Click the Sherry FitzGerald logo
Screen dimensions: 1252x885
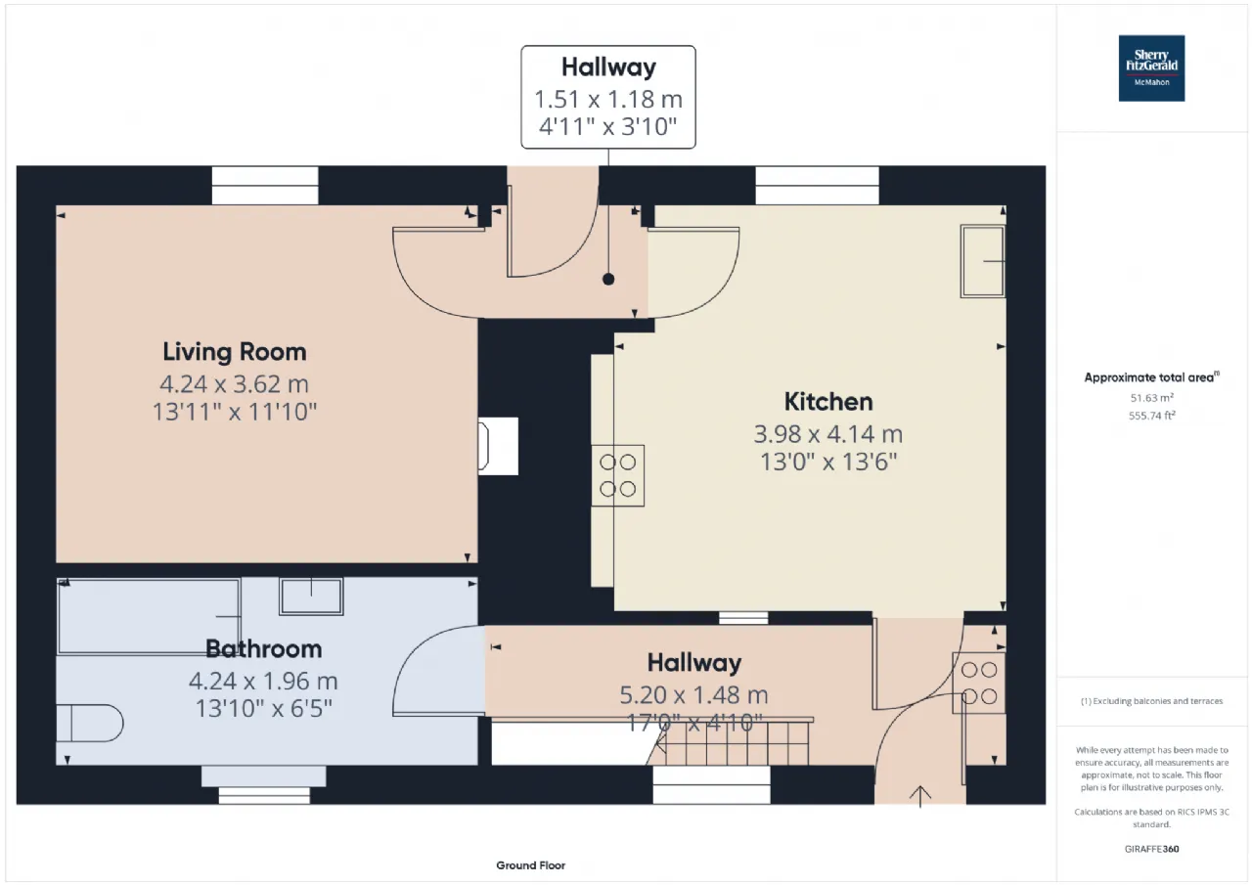click(x=1151, y=68)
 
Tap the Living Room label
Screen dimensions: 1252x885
click(x=235, y=352)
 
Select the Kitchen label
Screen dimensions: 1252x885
click(x=828, y=402)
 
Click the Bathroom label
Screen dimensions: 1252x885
click(x=264, y=648)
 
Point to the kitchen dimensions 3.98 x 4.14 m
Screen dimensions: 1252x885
click(x=828, y=434)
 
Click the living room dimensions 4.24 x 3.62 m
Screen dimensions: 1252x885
click(x=234, y=384)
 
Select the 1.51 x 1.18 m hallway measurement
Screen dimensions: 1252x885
click(x=608, y=100)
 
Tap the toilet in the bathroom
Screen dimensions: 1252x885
click(x=90, y=723)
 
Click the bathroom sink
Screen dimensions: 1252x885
click(x=311, y=597)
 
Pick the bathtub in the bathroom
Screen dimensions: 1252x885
click(x=150, y=616)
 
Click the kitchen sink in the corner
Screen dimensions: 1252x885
click(x=983, y=261)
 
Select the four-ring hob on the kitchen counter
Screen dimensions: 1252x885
click(x=617, y=475)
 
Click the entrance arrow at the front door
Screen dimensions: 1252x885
click(x=920, y=797)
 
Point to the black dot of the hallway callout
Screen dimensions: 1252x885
click(x=608, y=280)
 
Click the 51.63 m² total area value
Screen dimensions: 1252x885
click(x=1151, y=398)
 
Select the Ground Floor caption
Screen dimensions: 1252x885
click(x=530, y=865)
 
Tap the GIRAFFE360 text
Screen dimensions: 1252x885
click(x=1151, y=849)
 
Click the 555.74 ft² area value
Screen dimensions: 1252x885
click(x=1151, y=416)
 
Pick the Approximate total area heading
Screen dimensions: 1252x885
click(x=1151, y=377)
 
